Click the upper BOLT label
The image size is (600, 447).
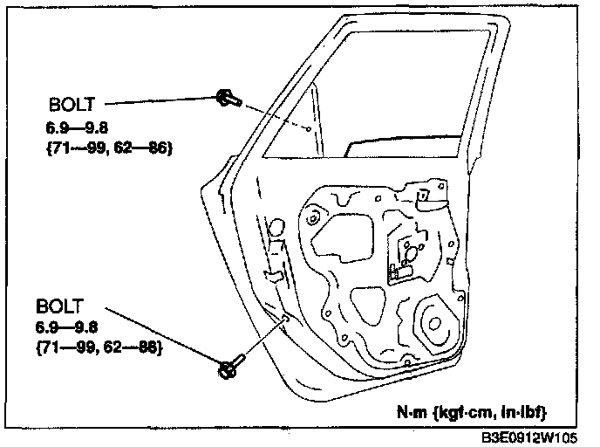(x=73, y=107)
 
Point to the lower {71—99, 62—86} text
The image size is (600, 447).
(x=98, y=347)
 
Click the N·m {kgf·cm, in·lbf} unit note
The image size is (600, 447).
(x=474, y=410)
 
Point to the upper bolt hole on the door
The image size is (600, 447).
(x=310, y=128)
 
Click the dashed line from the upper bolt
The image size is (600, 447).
(x=270, y=114)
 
